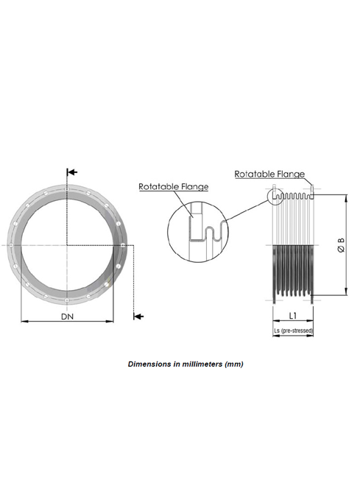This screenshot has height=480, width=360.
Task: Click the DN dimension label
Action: (x=67, y=317)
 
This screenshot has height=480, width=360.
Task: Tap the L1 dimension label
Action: (x=293, y=316)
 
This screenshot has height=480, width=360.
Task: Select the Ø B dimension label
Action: (x=341, y=245)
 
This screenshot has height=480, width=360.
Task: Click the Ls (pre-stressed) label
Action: (x=293, y=331)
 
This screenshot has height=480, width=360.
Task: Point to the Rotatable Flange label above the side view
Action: (x=269, y=174)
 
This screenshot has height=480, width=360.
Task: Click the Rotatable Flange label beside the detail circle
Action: (x=174, y=186)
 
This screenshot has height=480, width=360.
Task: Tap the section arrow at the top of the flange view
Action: (x=72, y=172)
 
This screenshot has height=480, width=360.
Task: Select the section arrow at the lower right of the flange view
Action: (x=138, y=316)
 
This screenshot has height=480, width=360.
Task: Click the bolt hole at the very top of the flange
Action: (x=67, y=189)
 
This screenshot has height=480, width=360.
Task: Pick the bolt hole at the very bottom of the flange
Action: (x=67, y=300)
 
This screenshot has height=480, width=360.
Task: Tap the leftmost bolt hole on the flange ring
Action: (x=11, y=245)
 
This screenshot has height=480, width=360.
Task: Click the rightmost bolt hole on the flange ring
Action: (x=122, y=245)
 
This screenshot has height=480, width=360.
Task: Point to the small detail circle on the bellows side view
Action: (x=275, y=197)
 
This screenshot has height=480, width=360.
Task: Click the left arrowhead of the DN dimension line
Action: (x=24, y=322)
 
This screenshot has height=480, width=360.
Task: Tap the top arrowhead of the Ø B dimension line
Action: (x=346, y=198)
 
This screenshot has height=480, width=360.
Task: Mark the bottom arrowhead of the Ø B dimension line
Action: (x=346, y=292)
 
